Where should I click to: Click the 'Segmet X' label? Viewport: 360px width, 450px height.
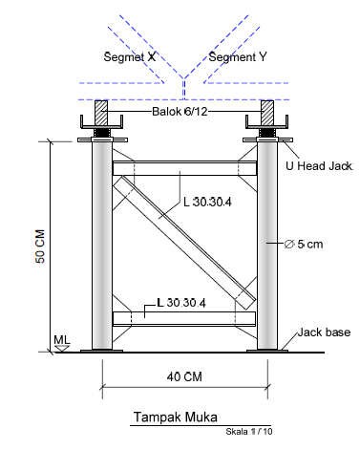pos(130,57)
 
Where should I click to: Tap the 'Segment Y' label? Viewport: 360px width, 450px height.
pos(238,57)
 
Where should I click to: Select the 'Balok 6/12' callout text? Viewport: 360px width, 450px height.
pos(180,112)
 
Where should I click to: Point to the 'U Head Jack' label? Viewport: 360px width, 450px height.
pos(319,166)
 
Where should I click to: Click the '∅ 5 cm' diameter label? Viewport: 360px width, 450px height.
pos(304,245)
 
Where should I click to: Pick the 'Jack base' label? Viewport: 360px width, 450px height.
pos(324,332)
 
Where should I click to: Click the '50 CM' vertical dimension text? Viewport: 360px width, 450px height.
pos(40,246)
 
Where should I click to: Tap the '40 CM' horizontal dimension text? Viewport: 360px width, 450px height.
pos(184,376)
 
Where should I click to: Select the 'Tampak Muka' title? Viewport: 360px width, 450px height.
pos(176,417)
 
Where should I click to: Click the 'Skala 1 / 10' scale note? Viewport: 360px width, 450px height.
pos(249,432)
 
